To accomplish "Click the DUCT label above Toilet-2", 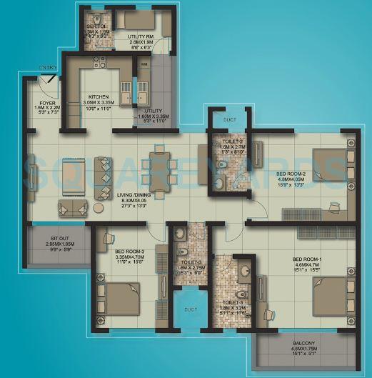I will [230, 120].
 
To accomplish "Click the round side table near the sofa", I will [98, 208].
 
